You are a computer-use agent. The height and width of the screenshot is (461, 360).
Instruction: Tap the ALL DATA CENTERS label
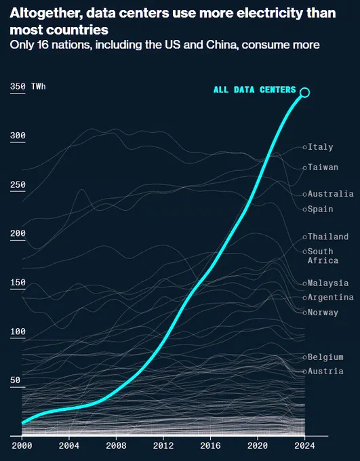[x=255, y=89]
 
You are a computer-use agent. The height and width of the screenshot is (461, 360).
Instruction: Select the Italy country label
[x=320, y=146]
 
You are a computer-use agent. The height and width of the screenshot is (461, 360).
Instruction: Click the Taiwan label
[x=323, y=167]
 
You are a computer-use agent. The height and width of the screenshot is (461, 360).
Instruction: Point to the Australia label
[x=331, y=194]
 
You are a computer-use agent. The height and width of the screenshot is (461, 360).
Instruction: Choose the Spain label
[x=320, y=209]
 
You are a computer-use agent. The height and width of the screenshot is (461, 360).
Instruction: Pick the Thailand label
[x=328, y=237]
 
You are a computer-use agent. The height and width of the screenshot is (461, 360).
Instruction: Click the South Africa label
[x=323, y=256]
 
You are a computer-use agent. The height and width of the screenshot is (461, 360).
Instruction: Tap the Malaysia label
[x=328, y=283]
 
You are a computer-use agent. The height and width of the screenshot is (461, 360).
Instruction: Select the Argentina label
[x=331, y=297]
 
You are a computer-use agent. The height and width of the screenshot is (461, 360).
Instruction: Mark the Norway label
[x=323, y=313]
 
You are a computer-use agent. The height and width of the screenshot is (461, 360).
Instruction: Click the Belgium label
[x=325, y=357]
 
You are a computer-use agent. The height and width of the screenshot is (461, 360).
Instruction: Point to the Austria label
[x=325, y=372]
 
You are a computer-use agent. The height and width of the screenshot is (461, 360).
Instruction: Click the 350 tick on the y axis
[x=18, y=87]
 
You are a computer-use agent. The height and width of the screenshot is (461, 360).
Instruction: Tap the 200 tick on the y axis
[x=18, y=233]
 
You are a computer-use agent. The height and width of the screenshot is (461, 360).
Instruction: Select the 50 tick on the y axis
[x=15, y=380]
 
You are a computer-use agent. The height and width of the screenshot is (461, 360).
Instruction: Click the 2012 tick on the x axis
[x=163, y=445]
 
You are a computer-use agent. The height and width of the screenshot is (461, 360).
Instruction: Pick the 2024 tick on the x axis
[x=304, y=445]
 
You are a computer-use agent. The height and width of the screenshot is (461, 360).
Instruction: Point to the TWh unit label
[x=39, y=87]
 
